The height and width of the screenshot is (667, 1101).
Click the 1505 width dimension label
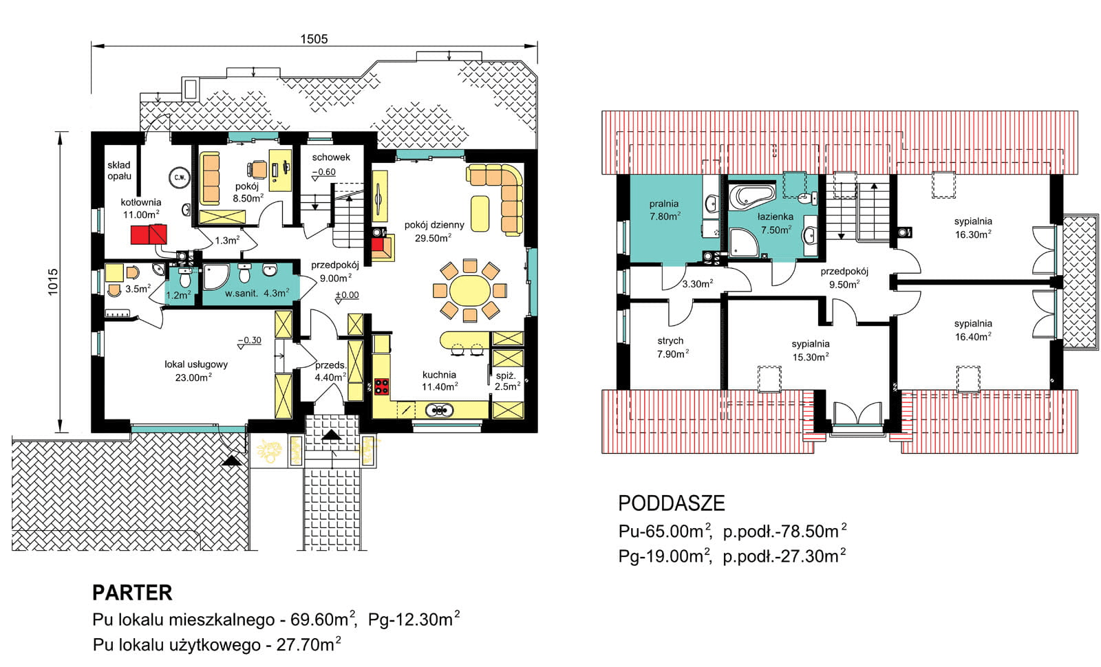point(314,39)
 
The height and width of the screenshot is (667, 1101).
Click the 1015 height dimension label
point(53,282)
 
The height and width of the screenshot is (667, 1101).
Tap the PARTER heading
point(132,593)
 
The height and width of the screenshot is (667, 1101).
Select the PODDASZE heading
point(672,503)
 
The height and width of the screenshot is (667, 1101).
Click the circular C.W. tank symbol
point(180,178)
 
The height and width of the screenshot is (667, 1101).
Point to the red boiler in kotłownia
point(149,234)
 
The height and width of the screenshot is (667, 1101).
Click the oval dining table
point(470,291)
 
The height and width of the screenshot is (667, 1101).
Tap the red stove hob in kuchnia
point(381,386)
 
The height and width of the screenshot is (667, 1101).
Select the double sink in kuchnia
point(439,409)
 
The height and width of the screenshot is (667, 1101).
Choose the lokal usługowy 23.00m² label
point(195,371)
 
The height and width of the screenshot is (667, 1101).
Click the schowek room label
point(331,157)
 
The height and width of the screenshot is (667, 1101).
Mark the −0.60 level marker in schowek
point(324,173)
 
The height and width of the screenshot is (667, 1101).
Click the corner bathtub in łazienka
point(751,201)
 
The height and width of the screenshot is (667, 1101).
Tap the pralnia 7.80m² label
point(664,210)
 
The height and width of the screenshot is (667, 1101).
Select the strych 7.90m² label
point(672,347)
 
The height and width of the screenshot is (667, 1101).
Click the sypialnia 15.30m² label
point(811,350)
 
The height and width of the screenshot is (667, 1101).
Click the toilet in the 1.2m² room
point(184,278)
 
